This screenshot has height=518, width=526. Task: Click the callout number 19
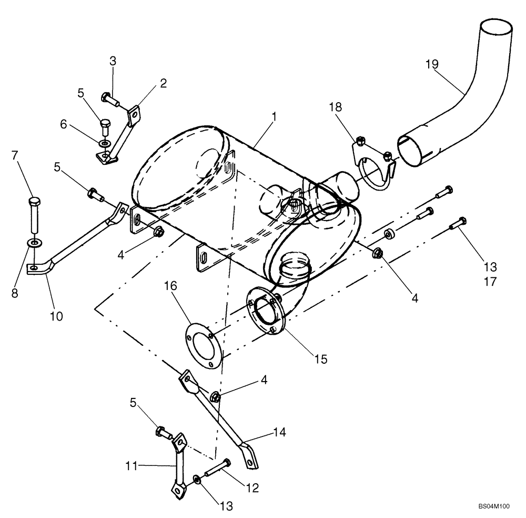coord(432,64)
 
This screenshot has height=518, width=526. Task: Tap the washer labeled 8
coord(34,243)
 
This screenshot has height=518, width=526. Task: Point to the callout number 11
coord(131,465)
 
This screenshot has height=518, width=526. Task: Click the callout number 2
coord(164,83)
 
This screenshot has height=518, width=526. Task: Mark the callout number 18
coord(336,107)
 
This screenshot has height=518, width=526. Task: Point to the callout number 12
coord(253,488)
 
